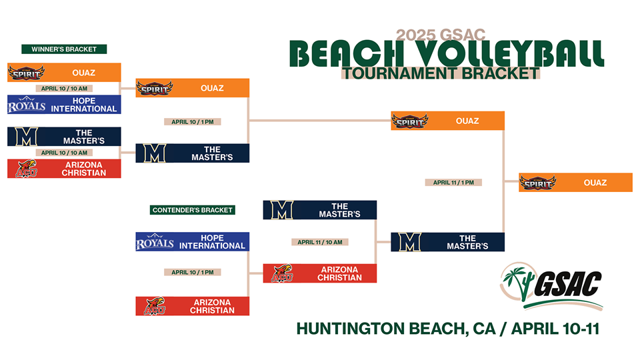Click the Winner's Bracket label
pos(64,49)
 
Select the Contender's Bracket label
pos(192,210)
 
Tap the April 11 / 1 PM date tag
pos(453,183)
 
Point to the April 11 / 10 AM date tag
pos(319,242)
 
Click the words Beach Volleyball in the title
pos(446,53)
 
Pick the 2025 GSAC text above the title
pos(441,35)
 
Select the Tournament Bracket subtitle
pos(441,73)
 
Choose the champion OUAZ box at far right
pos(575,183)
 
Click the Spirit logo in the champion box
pos(537,183)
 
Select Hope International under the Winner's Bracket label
pos(64,105)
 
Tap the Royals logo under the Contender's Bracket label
pos(155,241)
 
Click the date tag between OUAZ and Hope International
pos(64,88)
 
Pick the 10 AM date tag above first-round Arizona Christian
pos(64,153)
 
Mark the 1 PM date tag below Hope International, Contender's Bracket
pos(192,272)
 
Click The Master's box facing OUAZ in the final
pos(447,242)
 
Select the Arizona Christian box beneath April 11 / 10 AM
pos(319,273)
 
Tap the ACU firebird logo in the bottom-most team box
pos(155,306)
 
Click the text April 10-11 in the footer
pos(555,329)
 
